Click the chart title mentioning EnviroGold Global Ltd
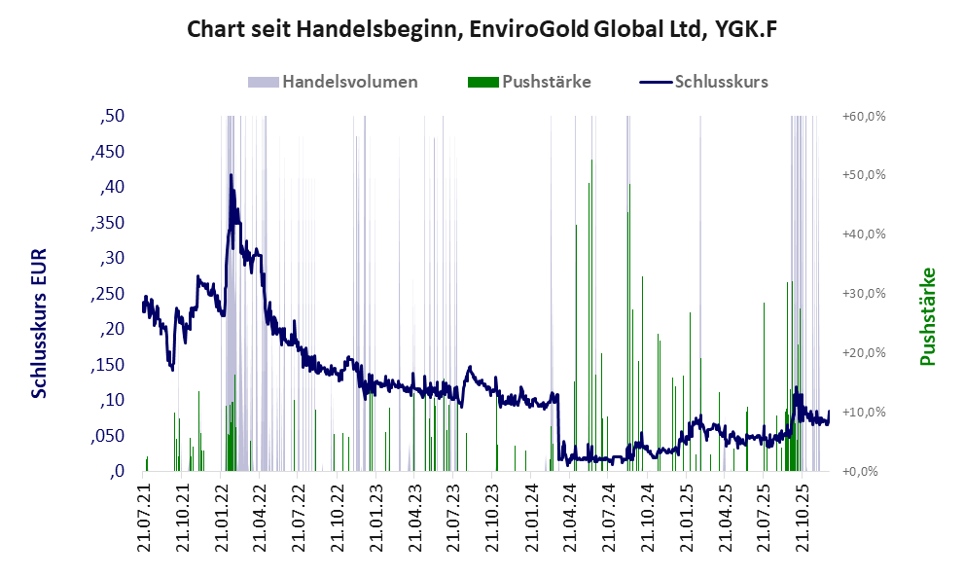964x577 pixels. click(x=482, y=30)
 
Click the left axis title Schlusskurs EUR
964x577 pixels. click(x=39, y=322)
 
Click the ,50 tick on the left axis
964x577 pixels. click(x=113, y=116)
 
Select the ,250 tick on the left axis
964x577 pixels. click(x=108, y=294)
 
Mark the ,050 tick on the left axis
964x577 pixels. click(x=108, y=436)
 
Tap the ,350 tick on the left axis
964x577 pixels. click(x=108, y=223)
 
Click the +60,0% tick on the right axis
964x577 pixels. click(x=862, y=116)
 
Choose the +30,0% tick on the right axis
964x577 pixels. click(x=862, y=294)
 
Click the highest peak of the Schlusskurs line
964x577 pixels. click(x=231, y=175)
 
